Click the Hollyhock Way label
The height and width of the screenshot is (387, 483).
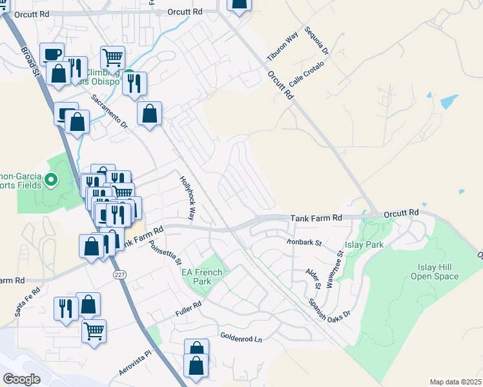187,197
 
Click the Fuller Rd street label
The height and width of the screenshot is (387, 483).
189,313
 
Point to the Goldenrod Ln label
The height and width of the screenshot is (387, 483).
242,338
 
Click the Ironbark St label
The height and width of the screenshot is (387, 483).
304,243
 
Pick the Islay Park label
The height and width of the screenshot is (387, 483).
365,244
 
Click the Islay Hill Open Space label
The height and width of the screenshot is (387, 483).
435,272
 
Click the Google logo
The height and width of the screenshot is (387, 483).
21,379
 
